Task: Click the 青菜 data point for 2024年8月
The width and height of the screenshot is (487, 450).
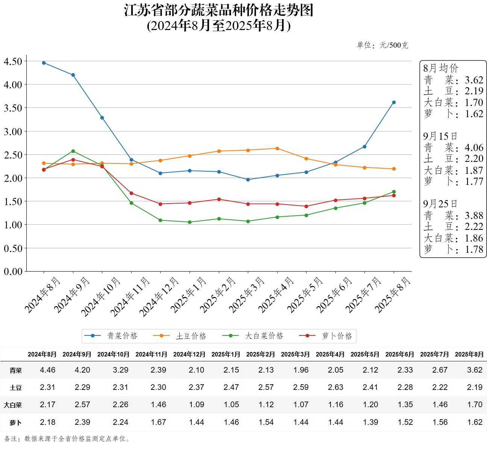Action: pyautogui.click(x=44, y=63)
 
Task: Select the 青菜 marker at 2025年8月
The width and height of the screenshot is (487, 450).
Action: pyautogui.click(x=394, y=103)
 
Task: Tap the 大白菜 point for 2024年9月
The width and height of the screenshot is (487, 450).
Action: pyautogui.click(x=73, y=151)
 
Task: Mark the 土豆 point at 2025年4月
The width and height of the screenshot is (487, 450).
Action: pyautogui.click(x=277, y=148)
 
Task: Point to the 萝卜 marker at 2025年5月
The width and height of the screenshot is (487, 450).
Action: pyautogui.click(x=306, y=206)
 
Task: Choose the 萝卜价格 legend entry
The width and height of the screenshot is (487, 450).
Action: pyautogui.click(x=326, y=336)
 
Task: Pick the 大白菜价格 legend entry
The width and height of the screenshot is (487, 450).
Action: pyautogui.click(x=253, y=336)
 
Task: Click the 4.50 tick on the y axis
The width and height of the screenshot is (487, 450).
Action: pyautogui.click(x=13, y=61)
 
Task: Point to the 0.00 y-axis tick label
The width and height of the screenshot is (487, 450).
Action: pyautogui.click(x=13, y=271)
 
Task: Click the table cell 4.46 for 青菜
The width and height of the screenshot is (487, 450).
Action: pyautogui.click(x=48, y=370)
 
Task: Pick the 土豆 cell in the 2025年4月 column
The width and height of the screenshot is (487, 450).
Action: pyautogui.click(x=335, y=387)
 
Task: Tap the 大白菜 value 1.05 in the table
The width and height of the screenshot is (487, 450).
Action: pyautogui.click(x=231, y=405)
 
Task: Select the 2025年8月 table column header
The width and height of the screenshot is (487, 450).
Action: pyautogui.click(x=469, y=354)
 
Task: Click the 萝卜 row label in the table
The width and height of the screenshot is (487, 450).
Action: pyautogui.click(x=16, y=423)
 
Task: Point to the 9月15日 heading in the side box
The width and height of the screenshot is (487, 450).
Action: pyautogui.click(x=440, y=136)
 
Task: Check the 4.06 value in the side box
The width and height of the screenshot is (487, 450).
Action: pyautogui.click(x=474, y=148)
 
